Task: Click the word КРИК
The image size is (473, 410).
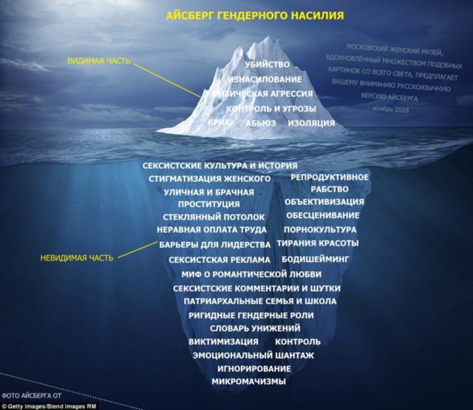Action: click(220, 123)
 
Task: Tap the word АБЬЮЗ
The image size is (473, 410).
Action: click(261, 123)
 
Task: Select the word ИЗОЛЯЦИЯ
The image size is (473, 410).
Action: click(311, 123)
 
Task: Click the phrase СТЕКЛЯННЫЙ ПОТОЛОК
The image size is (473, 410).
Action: click(214, 217)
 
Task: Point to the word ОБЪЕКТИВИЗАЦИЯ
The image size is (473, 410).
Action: click(324, 201)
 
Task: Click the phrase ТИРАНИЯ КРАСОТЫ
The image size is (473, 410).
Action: click(318, 243)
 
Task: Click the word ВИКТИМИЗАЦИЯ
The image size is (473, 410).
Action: click(223, 342)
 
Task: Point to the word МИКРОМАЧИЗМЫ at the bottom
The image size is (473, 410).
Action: click(248, 383)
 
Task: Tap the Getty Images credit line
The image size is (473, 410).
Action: click(45, 405)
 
